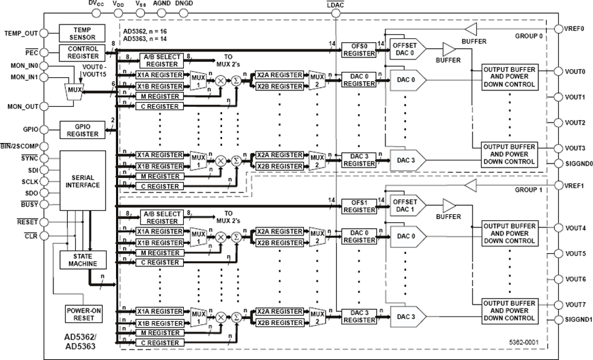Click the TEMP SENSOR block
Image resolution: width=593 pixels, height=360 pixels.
[x=82, y=34]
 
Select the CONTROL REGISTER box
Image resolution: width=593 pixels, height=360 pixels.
[x=83, y=53]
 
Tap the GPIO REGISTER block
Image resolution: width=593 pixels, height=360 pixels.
[x=82, y=131]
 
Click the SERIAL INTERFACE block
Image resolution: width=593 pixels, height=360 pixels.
[x=83, y=181]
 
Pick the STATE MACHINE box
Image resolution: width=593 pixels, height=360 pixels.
[x=83, y=260]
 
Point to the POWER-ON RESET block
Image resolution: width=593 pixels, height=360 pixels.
[x=84, y=315]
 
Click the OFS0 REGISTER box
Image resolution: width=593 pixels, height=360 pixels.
[x=359, y=50]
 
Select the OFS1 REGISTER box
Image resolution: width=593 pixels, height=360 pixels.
[x=359, y=206]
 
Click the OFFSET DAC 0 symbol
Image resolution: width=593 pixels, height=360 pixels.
[x=408, y=49]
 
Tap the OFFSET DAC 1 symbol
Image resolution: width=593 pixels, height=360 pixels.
[x=408, y=206]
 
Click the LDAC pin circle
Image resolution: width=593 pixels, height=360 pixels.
[x=335, y=14]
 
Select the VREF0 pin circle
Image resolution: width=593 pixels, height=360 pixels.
[x=559, y=29]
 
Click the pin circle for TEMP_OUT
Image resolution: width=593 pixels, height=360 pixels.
[x=44, y=33]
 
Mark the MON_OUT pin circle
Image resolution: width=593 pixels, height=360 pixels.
[x=44, y=106]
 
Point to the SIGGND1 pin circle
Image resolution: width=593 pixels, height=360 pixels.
[x=559, y=320]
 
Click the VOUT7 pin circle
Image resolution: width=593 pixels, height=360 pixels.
[x=559, y=305]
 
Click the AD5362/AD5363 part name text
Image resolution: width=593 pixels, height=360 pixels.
[x=80, y=342]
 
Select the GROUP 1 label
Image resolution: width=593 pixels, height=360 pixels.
[x=528, y=190]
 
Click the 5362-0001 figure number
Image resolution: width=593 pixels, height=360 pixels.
[x=523, y=342]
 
